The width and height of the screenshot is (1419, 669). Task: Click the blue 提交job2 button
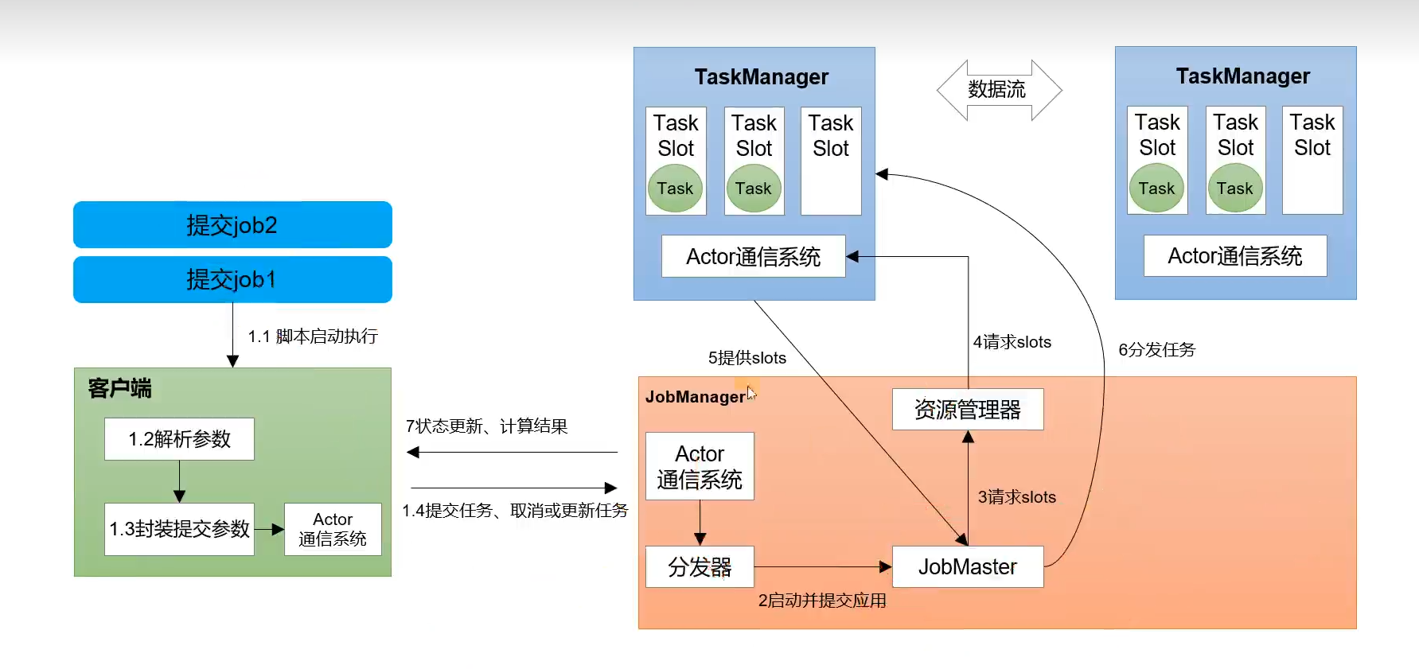tap(232, 225)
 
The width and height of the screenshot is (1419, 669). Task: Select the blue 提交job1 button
tap(232, 279)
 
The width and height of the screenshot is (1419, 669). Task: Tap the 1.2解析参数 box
tap(179, 439)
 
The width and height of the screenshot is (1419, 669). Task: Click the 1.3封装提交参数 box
tap(179, 529)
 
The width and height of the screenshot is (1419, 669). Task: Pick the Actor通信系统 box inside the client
tap(333, 529)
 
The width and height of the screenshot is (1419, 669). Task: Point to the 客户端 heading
tap(119, 388)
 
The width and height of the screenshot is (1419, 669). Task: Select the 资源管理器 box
tap(967, 410)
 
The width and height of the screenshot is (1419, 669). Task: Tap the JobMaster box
tap(967, 566)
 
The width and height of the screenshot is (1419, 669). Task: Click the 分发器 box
tap(700, 566)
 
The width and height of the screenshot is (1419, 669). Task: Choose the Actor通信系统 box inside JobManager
tap(700, 466)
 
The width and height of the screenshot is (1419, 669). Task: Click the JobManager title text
tap(695, 397)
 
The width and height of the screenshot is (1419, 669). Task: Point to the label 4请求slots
tap(1012, 342)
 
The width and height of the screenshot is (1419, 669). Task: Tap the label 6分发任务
tap(1156, 350)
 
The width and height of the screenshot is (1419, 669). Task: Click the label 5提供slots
tap(747, 358)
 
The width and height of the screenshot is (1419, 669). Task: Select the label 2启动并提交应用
tap(821, 601)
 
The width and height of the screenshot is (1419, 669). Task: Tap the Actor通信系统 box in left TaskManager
tap(753, 256)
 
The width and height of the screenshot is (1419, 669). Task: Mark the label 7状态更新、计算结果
tap(486, 426)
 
